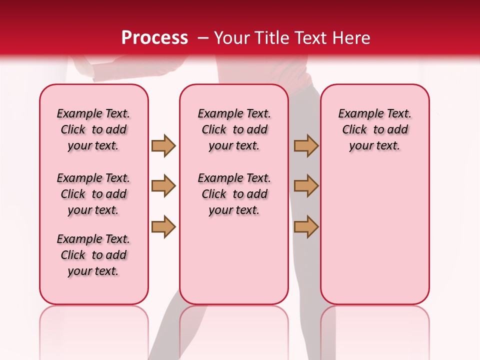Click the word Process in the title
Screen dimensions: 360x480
(154, 38)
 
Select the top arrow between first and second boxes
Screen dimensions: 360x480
(163, 146)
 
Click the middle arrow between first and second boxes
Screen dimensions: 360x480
(163, 186)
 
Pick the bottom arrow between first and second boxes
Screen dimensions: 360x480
(163, 226)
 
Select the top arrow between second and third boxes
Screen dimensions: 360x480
(306, 146)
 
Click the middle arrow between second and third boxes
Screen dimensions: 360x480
(306, 186)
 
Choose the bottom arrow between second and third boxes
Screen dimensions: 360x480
(306, 226)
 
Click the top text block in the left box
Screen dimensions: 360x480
(93, 129)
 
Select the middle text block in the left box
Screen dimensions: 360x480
(93, 194)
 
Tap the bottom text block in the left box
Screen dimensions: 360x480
(93, 255)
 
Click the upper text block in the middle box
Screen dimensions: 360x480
(234, 129)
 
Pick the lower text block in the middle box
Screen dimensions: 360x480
(234, 194)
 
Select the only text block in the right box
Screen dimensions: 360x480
(375, 129)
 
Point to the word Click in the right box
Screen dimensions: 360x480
(354, 130)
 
